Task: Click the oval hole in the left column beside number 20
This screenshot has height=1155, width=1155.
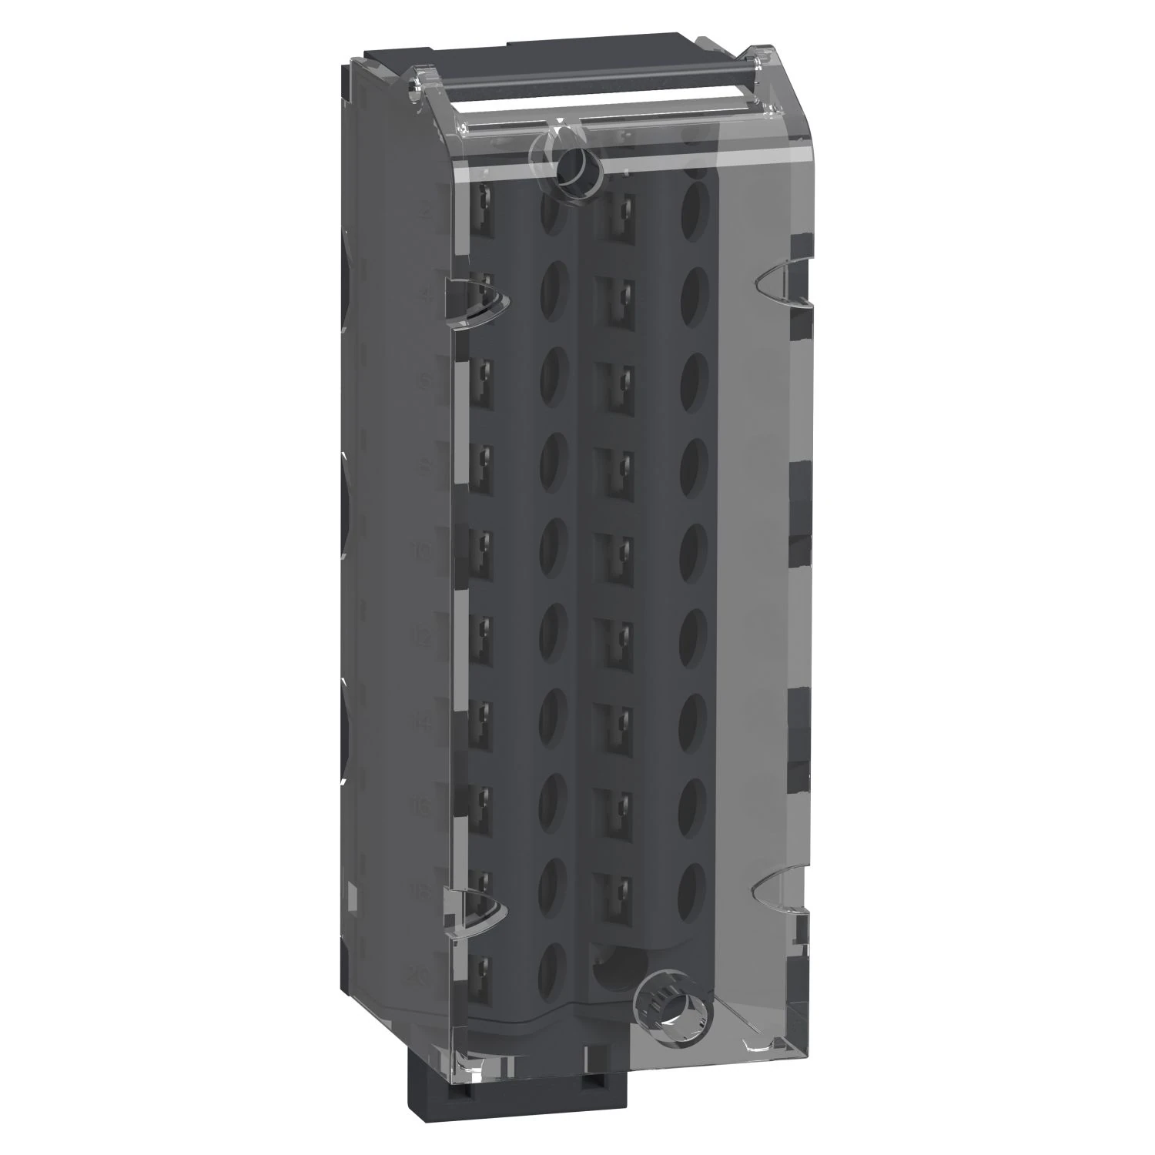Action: (x=551, y=963)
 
